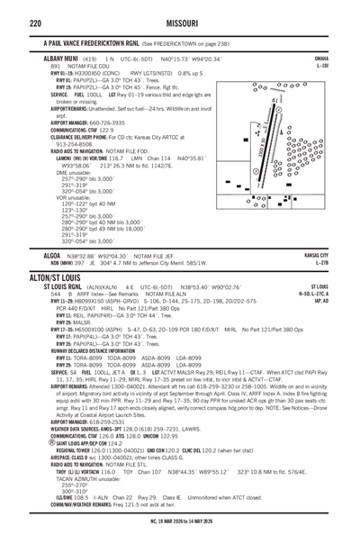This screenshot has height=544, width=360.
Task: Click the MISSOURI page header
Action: pos(179,12)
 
